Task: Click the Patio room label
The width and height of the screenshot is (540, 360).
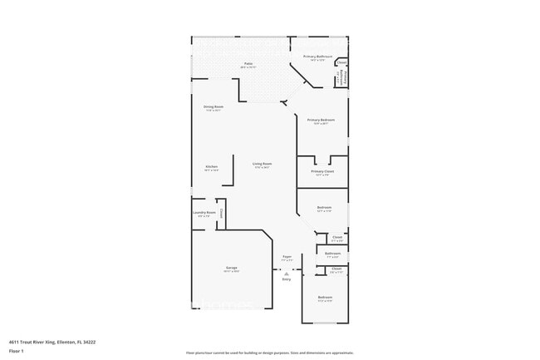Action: point(248,63)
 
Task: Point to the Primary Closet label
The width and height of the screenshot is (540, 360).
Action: point(322,171)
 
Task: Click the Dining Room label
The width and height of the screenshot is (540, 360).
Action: point(214,106)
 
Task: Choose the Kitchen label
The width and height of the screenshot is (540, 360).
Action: point(211,167)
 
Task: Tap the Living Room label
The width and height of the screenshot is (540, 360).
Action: point(261,165)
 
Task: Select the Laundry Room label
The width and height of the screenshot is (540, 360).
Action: point(204,213)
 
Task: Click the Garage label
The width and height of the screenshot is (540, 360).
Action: point(231,268)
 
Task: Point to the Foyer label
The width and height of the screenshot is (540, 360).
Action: point(287,257)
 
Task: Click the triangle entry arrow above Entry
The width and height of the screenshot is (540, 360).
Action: point(287,272)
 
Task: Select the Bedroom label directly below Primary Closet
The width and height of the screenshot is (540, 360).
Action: point(324,208)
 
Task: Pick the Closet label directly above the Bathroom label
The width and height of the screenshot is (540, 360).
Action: point(336,237)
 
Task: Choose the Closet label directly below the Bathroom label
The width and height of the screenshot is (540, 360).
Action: point(336,268)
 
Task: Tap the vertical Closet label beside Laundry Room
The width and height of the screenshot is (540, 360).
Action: point(222,213)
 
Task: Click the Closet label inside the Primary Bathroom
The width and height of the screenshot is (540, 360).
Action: point(341,61)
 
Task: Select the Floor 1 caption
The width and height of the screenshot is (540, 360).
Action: point(17,352)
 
